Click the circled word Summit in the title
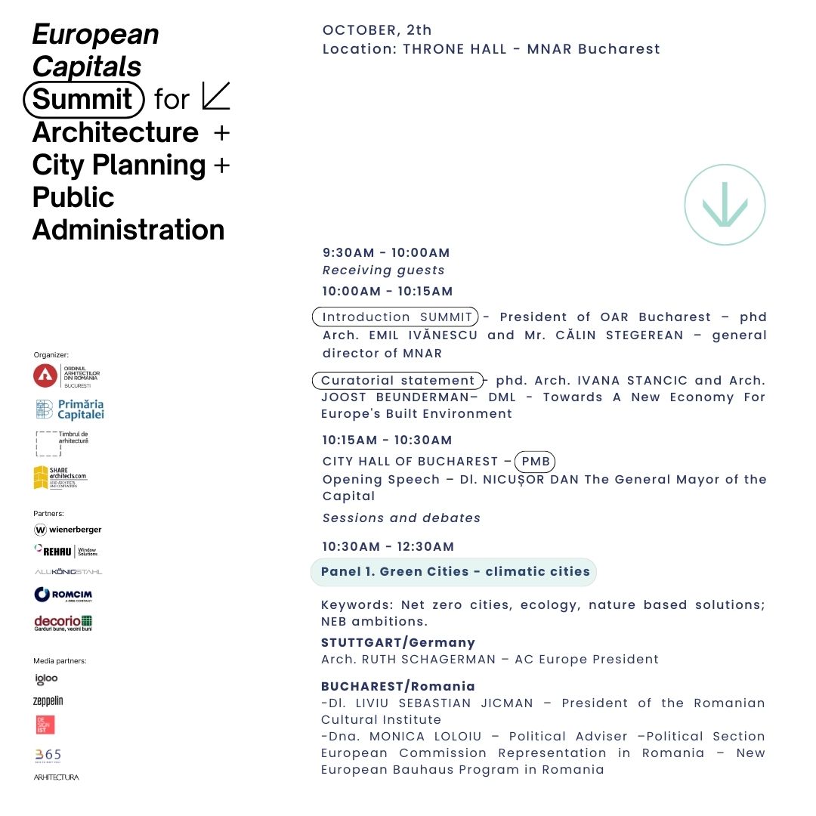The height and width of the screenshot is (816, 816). (x=83, y=99)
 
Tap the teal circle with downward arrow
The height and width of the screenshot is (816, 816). (x=725, y=205)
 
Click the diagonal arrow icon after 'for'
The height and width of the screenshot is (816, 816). (x=216, y=96)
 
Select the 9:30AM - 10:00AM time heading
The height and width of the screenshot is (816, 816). (x=386, y=252)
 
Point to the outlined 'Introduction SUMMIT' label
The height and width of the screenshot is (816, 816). (x=397, y=317)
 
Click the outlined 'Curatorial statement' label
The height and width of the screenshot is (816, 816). (x=397, y=381)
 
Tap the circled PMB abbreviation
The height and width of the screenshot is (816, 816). (x=535, y=461)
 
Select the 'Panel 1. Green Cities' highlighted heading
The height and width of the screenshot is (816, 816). (x=454, y=572)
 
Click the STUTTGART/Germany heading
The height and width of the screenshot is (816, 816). (x=398, y=642)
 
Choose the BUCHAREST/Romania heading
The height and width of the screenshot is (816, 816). (x=398, y=686)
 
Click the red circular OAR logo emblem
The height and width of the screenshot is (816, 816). (x=45, y=375)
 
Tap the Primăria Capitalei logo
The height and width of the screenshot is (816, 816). (x=70, y=410)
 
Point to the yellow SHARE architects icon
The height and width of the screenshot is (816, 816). (x=41, y=478)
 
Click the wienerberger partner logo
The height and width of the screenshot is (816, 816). (x=68, y=530)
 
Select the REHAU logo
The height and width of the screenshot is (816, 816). (x=66, y=551)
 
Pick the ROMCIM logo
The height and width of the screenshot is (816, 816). (x=63, y=595)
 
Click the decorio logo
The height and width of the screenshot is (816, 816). (x=63, y=623)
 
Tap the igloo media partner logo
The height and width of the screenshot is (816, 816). (x=46, y=678)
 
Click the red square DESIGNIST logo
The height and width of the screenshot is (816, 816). (x=45, y=725)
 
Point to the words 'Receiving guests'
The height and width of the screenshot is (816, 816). (x=384, y=270)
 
